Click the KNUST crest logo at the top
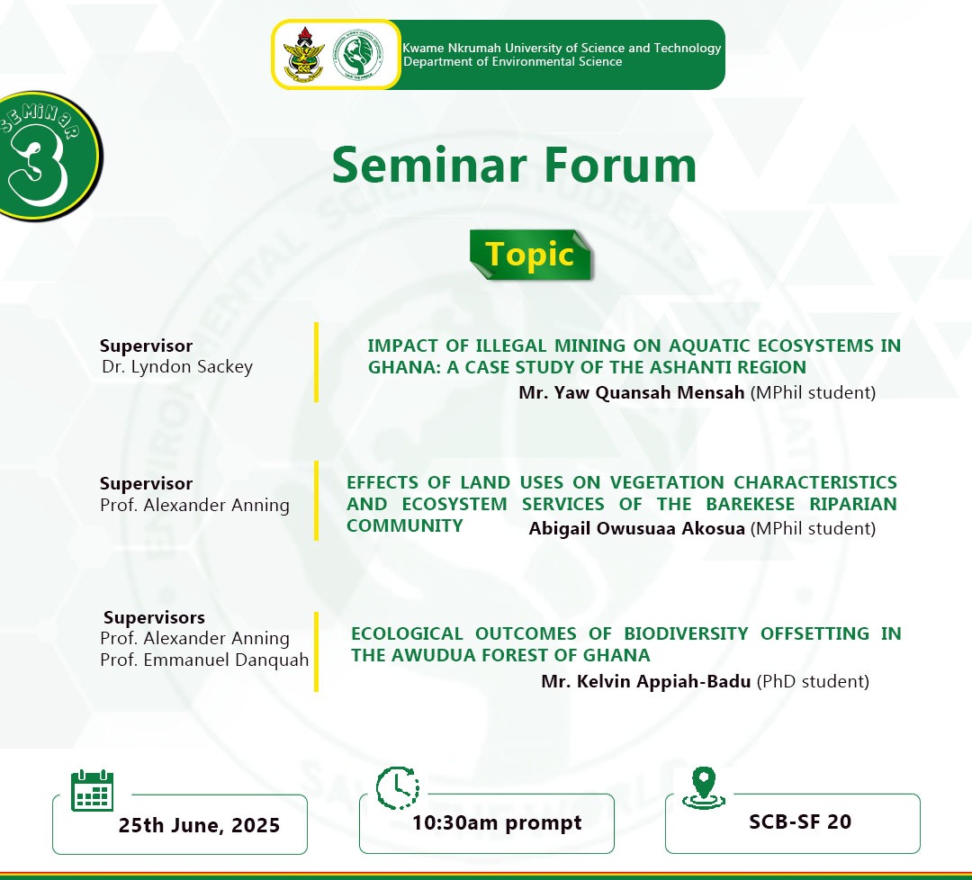[301, 54]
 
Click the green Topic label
[530, 254]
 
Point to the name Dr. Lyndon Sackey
[177, 366]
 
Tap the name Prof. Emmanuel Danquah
[204, 660]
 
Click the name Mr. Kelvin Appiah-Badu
[646, 681]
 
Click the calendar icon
[92, 791]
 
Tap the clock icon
[397, 789]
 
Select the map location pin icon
[702, 787]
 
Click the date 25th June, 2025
[199, 825]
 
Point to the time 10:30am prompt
[497, 822]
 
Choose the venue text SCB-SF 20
[800, 822]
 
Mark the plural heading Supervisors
[154, 617]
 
